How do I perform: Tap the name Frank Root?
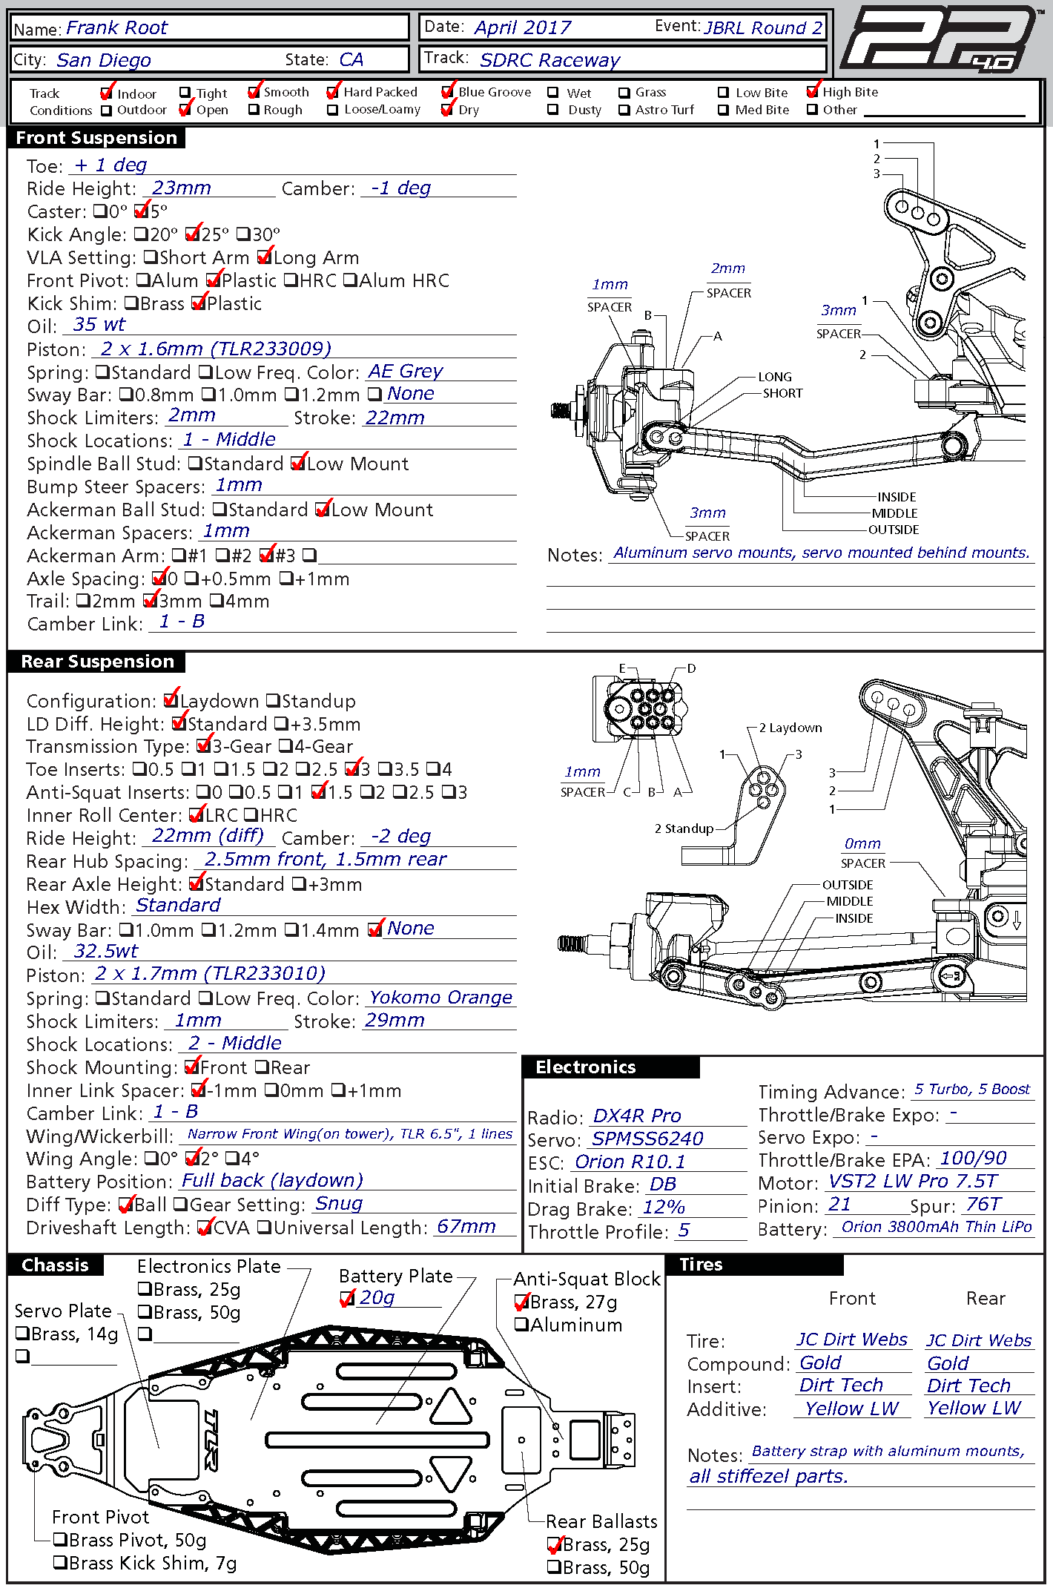click(x=116, y=28)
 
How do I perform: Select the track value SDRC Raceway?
click(x=549, y=60)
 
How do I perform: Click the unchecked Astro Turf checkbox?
click(x=624, y=110)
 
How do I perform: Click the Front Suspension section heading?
click(x=96, y=138)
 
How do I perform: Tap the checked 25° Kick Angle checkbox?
click(x=193, y=235)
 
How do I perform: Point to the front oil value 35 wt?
click(x=99, y=325)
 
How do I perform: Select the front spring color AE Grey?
click(x=405, y=371)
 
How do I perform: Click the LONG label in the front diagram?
click(x=774, y=377)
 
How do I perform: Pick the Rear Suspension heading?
click(x=97, y=662)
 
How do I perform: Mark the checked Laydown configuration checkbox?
click(x=171, y=700)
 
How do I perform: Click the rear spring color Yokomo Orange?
click(x=440, y=998)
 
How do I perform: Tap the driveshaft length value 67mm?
click(x=466, y=1227)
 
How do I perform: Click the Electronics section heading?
click(x=586, y=1067)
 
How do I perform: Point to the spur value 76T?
click(x=983, y=1205)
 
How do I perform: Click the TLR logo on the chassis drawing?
click(x=210, y=1440)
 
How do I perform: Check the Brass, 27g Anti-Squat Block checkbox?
click(x=522, y=1302)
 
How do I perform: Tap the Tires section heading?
click(x=701, y=1265)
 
